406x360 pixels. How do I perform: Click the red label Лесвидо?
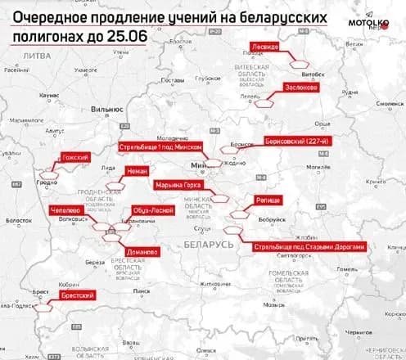[x=270, y=47]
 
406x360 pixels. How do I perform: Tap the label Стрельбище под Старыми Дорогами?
[x=308, y=245]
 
